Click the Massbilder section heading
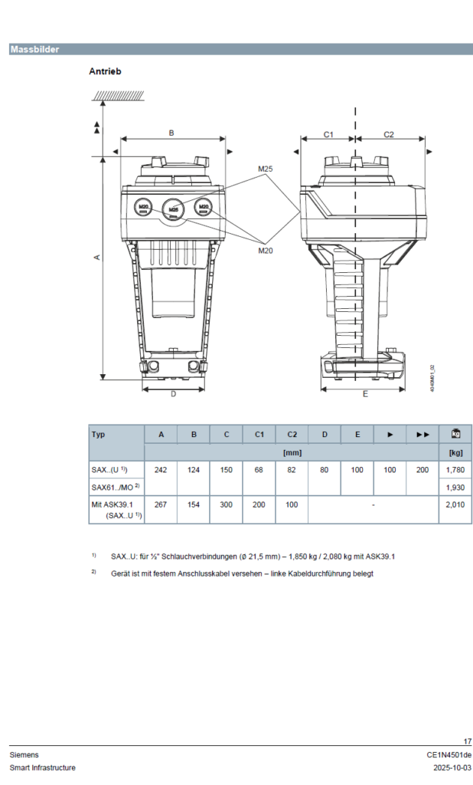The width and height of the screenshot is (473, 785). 34,50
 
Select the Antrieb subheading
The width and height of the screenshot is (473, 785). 105,71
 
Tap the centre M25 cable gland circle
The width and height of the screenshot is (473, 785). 174,209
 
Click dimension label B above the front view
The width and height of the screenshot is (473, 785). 171,133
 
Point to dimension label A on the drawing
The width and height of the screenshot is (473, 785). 96,258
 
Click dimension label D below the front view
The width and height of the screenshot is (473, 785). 173,394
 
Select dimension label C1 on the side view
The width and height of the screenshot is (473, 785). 328,134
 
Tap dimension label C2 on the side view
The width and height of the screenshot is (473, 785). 389,134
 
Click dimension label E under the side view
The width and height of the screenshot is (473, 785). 365,394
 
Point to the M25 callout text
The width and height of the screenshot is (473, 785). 266,169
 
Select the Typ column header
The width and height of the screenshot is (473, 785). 99,435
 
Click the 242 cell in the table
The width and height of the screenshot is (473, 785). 161,469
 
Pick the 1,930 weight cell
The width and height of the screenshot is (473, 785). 455,488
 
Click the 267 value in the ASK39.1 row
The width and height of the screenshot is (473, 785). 161,505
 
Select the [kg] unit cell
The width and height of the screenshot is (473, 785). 455,452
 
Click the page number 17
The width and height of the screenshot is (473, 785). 468,741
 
